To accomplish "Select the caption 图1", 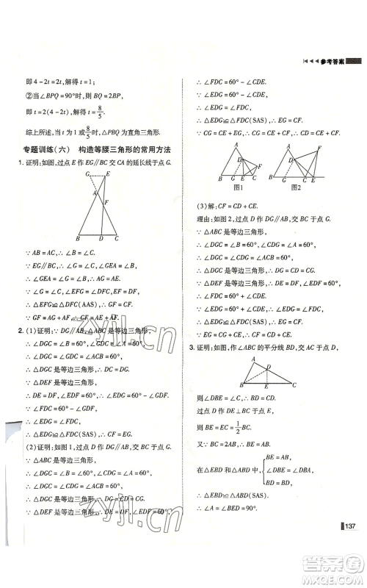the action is point(238,187).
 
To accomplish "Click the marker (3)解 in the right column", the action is point(208,207).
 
